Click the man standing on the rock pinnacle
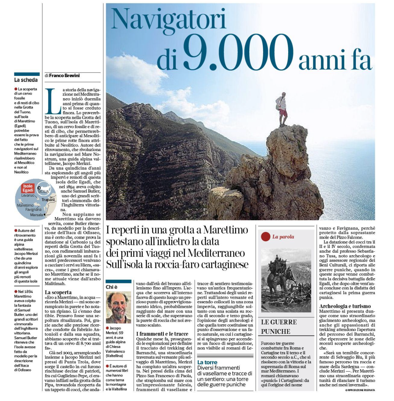282,109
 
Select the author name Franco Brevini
64,75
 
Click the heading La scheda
26,80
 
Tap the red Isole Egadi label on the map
28,188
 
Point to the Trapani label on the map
48,200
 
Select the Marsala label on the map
36,215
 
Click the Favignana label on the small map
33,209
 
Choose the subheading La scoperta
58,292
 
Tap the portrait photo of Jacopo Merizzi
118,307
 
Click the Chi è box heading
112,287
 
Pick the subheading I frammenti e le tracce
162,334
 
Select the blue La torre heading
207,362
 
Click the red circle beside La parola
265,237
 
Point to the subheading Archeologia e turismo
345,306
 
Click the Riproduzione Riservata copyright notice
360,390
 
